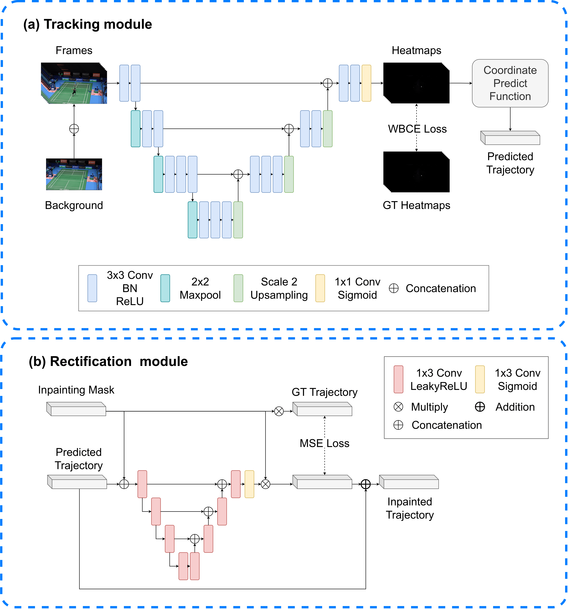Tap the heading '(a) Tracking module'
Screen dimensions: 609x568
[x=88, y=24]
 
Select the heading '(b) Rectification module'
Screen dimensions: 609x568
[x=108, y=362]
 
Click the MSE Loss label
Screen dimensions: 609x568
[x=324, y=443]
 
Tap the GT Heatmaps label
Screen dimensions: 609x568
[x=416, y=205]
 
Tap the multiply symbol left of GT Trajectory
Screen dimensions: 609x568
[x=279, y=411]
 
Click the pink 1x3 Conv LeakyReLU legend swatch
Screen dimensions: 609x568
[x=398, y=379]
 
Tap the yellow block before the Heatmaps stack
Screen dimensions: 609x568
[x=366, y=83]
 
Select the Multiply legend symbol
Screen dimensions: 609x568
[x=398, y=407]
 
